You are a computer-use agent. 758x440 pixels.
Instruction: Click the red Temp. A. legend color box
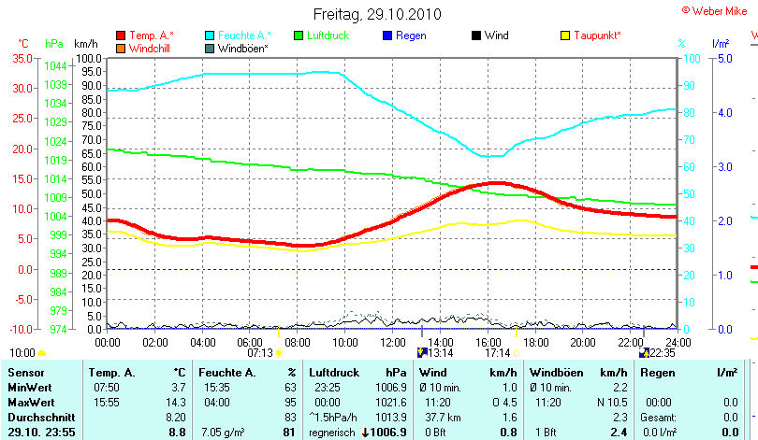[121, 35]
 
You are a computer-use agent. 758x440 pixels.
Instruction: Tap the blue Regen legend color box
[388, 35]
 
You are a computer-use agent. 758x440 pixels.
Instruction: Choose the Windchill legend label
[150, 48]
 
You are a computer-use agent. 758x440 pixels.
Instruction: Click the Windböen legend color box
[210, 48]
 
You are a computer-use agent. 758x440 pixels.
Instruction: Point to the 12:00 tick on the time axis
[393, 341]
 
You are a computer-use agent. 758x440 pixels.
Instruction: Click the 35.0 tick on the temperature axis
[22, 58]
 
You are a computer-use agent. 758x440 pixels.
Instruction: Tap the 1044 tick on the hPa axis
[55, 65]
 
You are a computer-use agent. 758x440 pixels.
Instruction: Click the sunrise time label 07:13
[260, 353]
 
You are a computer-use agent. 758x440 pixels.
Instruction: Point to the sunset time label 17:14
[497, 353]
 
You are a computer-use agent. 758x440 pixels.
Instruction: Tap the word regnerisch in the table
[332, 433]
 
